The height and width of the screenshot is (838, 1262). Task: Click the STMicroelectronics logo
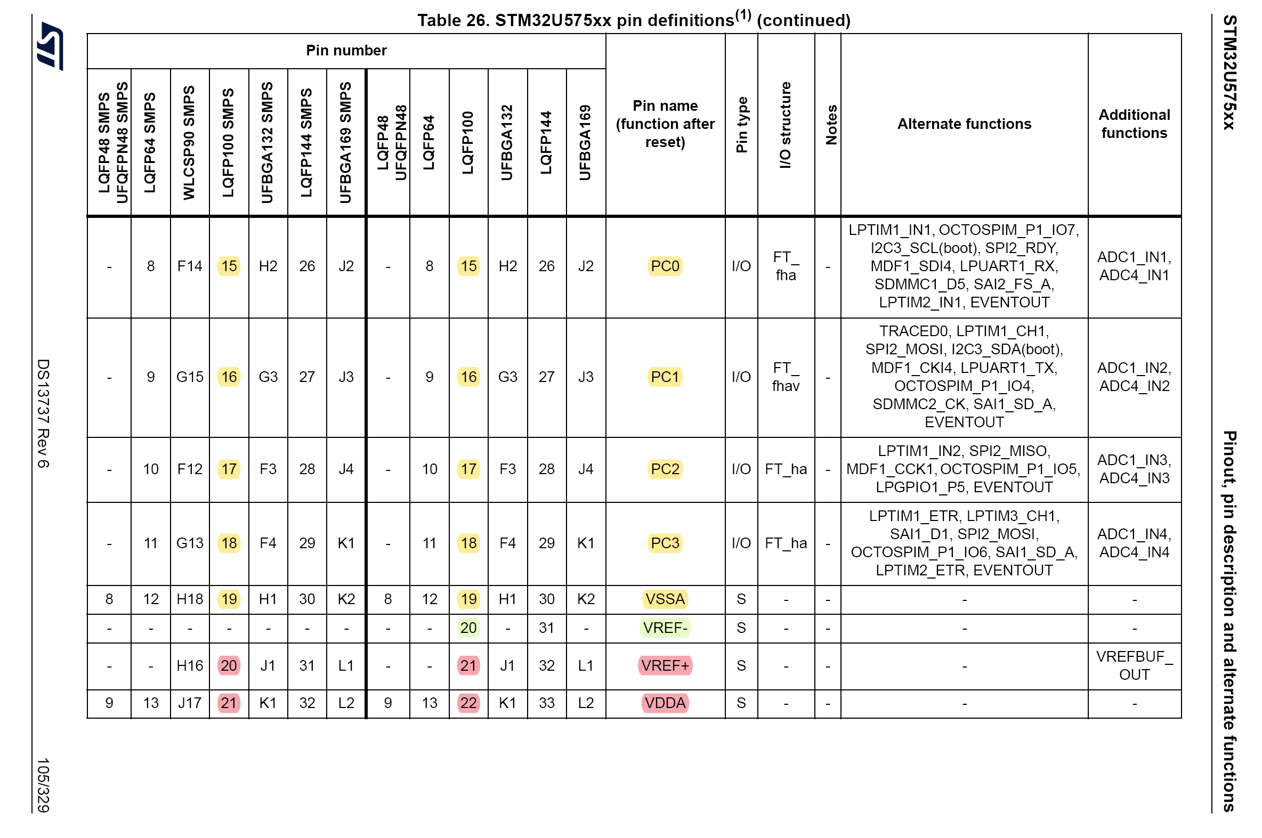click(50, 46)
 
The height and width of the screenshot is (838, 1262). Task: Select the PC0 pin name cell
click(665, 266)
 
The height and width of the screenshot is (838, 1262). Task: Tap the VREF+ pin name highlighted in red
click(665, 666)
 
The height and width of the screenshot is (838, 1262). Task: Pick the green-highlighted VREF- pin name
click(665, 628)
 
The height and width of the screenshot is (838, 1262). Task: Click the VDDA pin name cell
click(665, 703)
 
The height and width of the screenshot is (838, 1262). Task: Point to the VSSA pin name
click(665, 599)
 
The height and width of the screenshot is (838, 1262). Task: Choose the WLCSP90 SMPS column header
click(189, 143)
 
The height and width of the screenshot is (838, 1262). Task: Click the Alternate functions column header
click(964, 124)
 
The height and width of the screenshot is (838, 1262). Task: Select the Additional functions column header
click(1134, 124)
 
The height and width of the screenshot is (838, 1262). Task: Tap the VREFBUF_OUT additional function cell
click(1134, 666)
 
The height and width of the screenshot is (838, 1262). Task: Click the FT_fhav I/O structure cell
click(785, 377)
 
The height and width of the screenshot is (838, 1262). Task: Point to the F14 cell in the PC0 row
click(190, 266)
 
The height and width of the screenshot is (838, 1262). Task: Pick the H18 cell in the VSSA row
click(190, 599)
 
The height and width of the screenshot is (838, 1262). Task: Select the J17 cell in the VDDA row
click(190, 703)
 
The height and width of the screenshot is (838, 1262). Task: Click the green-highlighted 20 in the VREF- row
click(468, 628)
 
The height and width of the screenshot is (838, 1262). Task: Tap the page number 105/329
click(43, 785)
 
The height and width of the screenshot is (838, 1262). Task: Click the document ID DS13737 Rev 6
click(43, 413)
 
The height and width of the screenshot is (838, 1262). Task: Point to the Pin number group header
click(346, 51)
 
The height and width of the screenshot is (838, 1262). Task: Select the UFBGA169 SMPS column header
click(346, 143)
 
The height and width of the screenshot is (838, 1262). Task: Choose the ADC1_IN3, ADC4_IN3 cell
click(1134, 469)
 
